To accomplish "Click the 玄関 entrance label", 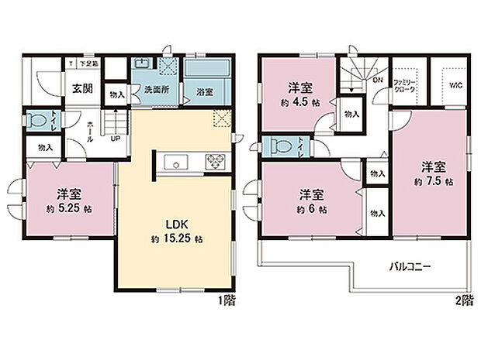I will coord(83,88).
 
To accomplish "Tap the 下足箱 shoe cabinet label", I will coord(82,64).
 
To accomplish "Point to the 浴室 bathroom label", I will coord(205,90).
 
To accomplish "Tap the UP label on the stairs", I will coord(115,139).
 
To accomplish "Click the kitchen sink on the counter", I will coord(175,163).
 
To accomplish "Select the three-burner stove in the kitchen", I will coord(214,162).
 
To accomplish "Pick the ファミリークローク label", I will coord(406,86).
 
